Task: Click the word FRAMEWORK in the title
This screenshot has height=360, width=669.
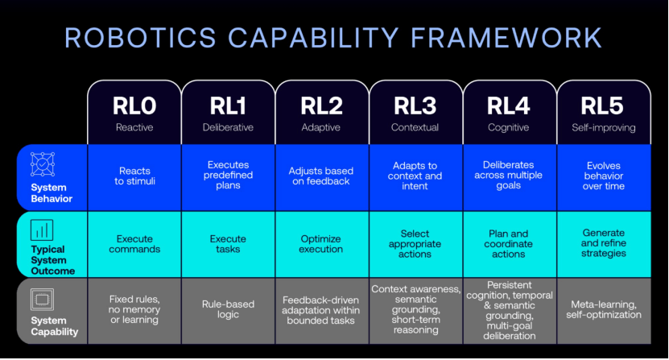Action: tap(506, 38)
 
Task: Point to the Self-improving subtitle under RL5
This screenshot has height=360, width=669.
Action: tap(604, 127)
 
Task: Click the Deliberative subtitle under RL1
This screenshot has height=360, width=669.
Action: tap(228, 127)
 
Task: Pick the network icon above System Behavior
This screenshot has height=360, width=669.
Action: tap(43, 164)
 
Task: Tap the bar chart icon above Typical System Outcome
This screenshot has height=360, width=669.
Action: tap(42, 230)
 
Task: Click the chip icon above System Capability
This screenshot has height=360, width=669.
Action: tap(42, 300)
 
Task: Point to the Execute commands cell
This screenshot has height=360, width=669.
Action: tap(134, 244)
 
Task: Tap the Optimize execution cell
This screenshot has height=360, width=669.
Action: tap(321, 244)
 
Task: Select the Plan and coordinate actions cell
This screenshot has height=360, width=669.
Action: tap(509, 244)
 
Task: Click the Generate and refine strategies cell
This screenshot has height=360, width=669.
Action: tap(604, 243)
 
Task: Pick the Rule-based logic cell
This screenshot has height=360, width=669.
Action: tap(228, 309)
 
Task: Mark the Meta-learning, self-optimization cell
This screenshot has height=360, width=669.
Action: tap(604, 309)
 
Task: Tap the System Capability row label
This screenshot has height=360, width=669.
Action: tap(55, 326)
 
